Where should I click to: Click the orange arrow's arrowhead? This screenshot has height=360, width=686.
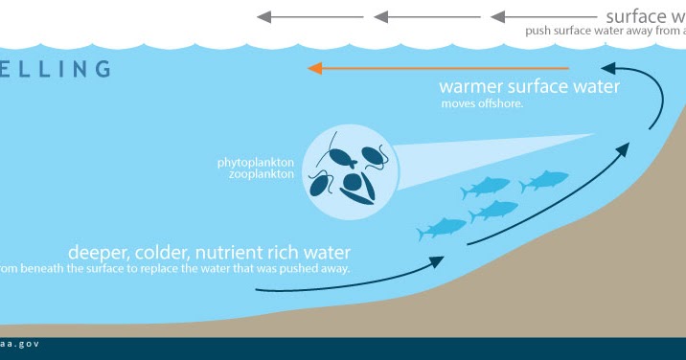[x=314, y=68]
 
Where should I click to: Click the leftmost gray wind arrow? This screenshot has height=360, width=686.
[x=309, y=16]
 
